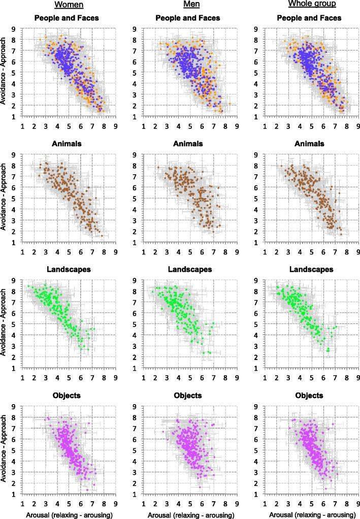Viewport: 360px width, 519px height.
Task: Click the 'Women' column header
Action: pyautogui.click(x=70, y=7)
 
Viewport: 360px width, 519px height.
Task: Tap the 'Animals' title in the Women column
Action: pyautogui.click(x=70, y=144)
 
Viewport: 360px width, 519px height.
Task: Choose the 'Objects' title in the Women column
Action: pyautogui.click(x=70, y=395)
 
